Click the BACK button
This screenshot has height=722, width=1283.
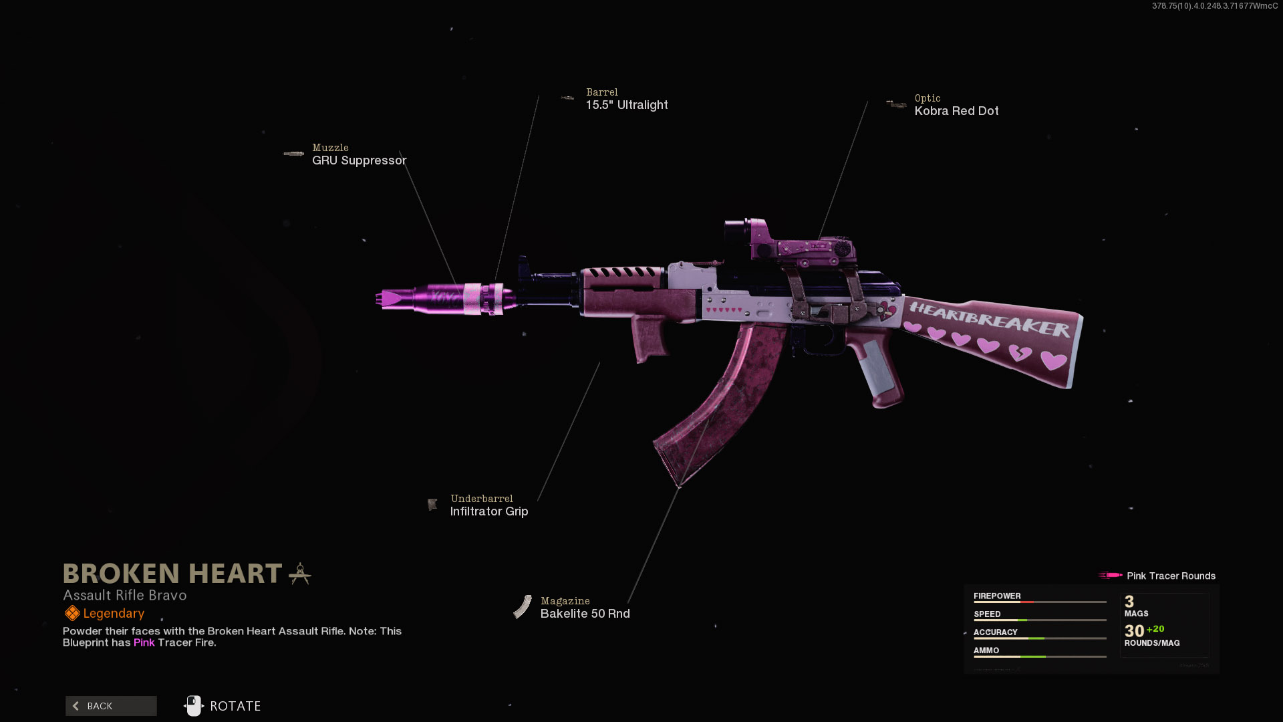pyautogui.click(x=111, y=706)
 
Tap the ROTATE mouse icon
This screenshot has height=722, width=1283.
pyautogui.click(x=194, y=706)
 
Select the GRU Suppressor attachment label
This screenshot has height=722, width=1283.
pyautogui.click(x=359, y=160)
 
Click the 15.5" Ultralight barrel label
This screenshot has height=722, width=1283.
pyautogui.click(x=627, y=105)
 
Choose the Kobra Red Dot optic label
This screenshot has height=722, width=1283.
pyautogui.click(x=956, y=111)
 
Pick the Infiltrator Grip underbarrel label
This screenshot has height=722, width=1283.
pyautogui.click(x=489, y=511)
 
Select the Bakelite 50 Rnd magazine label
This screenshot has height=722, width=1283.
pyautogui.click(x=585, y=614)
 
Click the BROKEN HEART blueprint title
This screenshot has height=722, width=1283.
pyautogui.click(x=172, y=574)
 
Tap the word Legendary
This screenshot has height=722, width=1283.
pyautogui.click(x=114, y=614)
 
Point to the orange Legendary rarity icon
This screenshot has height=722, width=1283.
pyautogui.click(x=72, y=613)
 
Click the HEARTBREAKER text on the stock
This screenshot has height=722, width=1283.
pyautogui.click(x=989, y=319)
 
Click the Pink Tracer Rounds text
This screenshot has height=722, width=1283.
pyautogui.click(x=1171, y=576)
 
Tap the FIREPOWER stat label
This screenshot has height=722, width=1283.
pyautogui.click(x=997, y=596)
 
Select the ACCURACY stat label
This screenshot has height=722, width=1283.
pyautogui.click(x=995, y=632)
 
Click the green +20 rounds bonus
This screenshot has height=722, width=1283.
pyautogui.click(x=1155, y=629)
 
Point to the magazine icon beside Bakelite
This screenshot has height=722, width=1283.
pyautogui.click(x=523, y=607)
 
